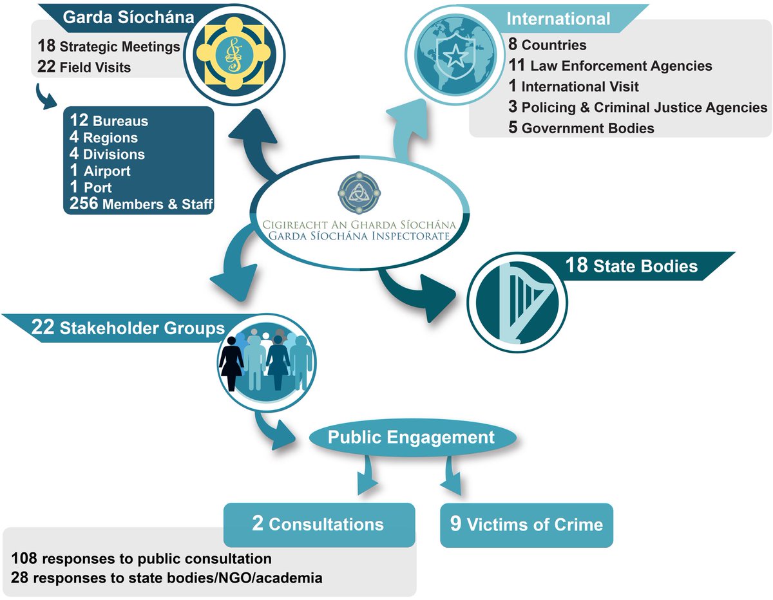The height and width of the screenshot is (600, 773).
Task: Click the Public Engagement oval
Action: point(412,438)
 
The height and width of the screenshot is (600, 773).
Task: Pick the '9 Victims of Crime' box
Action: point(526,524)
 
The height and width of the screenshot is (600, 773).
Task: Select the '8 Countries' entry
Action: point(547,45)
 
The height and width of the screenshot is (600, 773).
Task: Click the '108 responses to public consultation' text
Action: point(142,558)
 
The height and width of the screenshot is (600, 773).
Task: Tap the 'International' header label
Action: point(558,19)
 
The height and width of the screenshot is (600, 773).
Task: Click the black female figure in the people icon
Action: point(231,361)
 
